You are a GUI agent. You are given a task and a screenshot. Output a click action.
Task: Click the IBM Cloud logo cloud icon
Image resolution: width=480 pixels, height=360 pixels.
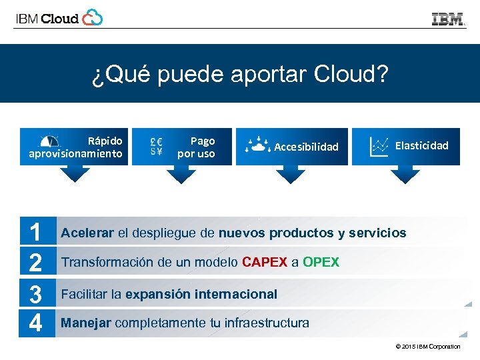click(92, 17)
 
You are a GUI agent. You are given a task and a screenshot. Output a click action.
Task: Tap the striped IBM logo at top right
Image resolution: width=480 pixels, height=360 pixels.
click(448, 19)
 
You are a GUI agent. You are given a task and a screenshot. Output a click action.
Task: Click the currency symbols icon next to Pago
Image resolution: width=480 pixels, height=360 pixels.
click(157, 146)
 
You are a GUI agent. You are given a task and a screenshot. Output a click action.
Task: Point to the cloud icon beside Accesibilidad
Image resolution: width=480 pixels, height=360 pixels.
click(257, 146)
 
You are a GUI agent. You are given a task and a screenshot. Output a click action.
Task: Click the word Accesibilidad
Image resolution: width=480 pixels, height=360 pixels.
click(306, 147)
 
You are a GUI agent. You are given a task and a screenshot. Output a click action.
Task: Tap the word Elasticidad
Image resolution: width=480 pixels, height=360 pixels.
click(421, 145)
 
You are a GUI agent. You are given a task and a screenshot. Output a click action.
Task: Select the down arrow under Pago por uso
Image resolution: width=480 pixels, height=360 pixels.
click(181, 174)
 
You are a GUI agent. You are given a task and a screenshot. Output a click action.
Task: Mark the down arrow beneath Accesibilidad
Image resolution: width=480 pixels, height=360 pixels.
click(290, 174)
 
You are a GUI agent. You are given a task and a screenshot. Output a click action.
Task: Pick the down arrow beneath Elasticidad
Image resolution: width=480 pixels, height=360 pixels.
click(405, 174)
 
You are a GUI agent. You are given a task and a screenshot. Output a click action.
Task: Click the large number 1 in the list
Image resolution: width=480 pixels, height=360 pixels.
click(36, 233)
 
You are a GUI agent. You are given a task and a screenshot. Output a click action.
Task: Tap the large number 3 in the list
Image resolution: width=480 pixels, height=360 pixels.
click(36, 294)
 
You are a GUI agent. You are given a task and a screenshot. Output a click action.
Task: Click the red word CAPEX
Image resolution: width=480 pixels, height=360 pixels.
click(265, 262)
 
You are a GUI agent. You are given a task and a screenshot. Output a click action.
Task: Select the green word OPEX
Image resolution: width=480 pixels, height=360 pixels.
click(321, 262)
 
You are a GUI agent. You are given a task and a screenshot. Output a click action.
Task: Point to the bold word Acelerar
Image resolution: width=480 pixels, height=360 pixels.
click(87, 233)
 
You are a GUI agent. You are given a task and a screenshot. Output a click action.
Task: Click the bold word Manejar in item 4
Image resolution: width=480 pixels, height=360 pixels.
click(86, 323)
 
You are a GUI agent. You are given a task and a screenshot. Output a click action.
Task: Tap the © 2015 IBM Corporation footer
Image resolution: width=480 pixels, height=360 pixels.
click(427, 347)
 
